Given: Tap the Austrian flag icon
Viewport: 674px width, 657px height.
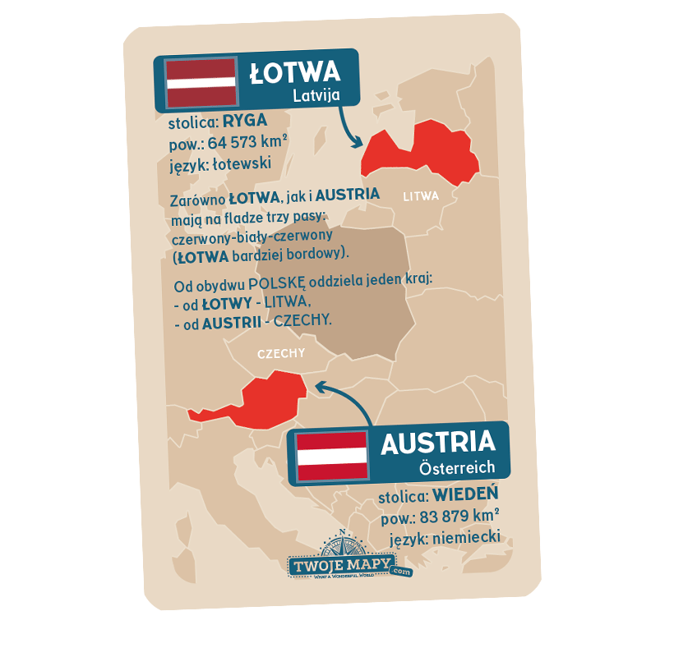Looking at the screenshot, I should [331, 454].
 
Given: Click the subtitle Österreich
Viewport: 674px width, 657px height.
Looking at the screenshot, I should [457, 467].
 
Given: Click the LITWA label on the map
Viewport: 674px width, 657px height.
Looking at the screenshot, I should [421, 196].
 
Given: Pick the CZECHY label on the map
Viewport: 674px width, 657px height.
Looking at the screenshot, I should [281, 355].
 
